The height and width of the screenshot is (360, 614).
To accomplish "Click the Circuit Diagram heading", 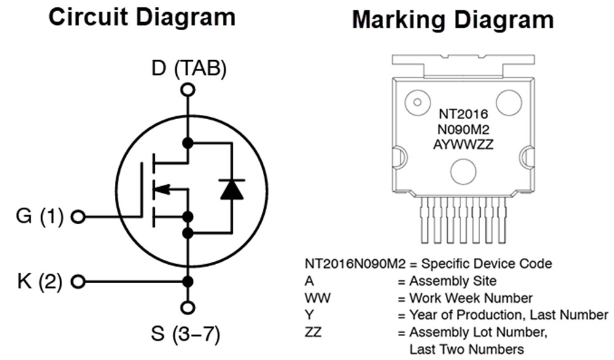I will tap(142, 17).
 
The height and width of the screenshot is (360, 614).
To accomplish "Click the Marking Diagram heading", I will tap(453, 20).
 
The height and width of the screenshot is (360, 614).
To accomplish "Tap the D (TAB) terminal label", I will tap(188, 68).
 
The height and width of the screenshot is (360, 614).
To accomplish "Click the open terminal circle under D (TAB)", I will tap(188, 90).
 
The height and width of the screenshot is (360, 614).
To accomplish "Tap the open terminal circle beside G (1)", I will tap(78, 217).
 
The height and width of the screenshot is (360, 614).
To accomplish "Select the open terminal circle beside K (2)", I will tap(78, 282).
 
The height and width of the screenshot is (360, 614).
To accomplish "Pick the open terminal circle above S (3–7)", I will tap(188, 307).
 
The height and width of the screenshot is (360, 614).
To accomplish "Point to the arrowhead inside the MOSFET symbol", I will tap(162, 189).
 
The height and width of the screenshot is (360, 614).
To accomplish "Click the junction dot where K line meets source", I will tap(188, 282).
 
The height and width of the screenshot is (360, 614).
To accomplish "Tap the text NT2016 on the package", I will tap(463, 114).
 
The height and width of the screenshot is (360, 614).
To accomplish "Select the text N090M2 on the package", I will tap(463, 129).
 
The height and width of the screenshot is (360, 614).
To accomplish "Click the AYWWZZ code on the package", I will tap(463, 144).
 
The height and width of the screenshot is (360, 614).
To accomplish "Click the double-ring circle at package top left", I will tap(418, 102).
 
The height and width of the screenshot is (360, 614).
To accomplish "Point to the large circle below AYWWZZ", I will tap(463, 171).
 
